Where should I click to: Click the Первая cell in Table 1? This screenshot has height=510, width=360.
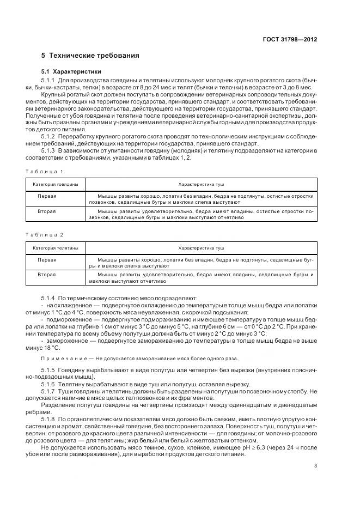pos(47,196)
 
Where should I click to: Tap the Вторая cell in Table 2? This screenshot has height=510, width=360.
pos(47,275)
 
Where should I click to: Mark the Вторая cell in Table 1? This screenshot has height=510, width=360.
pos(47,210)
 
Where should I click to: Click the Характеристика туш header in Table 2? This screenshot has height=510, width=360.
pos(201,247)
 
